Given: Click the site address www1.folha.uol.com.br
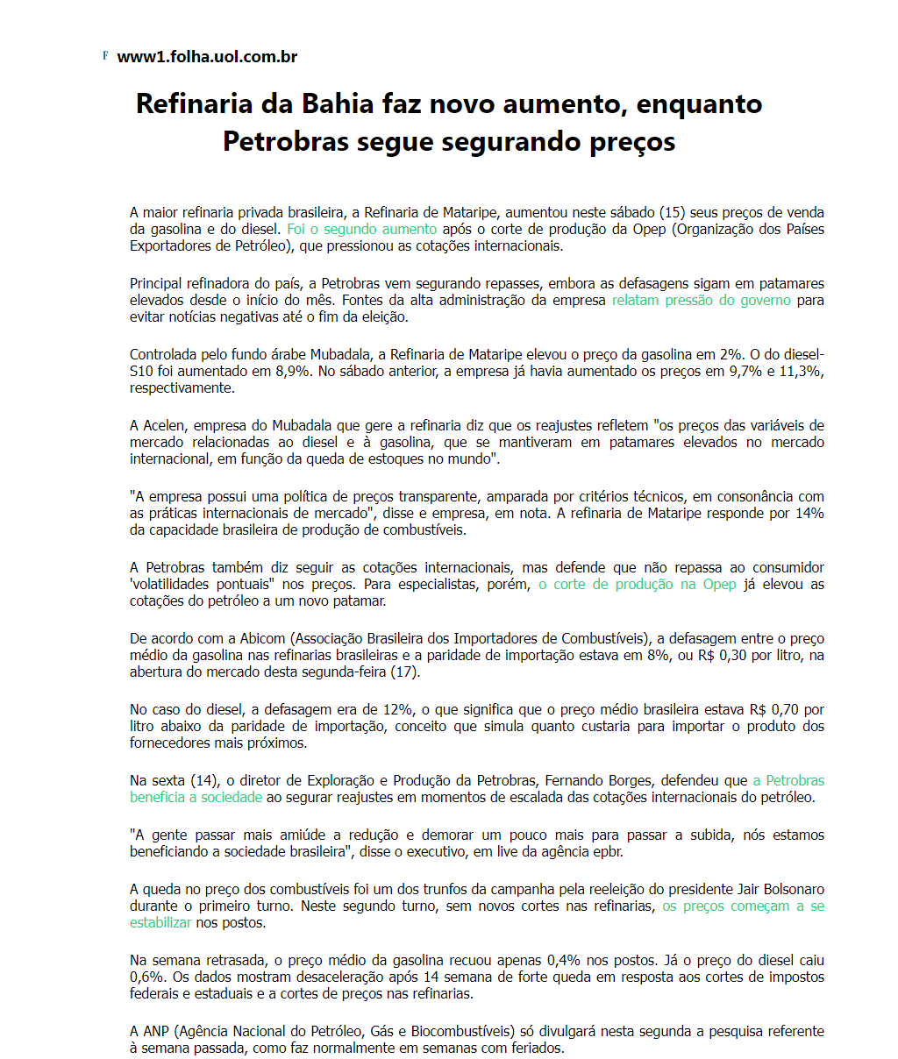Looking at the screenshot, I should [207, 57].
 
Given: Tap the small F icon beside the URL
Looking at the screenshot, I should [105, 56].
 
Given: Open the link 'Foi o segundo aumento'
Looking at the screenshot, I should [361, 229].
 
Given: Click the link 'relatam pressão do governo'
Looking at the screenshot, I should [701, 300].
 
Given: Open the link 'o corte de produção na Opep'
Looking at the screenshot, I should [637, 584].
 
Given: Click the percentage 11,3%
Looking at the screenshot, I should [800, 371].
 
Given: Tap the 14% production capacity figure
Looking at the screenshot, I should [809, 513].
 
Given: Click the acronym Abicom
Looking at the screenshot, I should [264, 638].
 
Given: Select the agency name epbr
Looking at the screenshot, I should [606, 851].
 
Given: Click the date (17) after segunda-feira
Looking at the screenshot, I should [403, 672].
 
